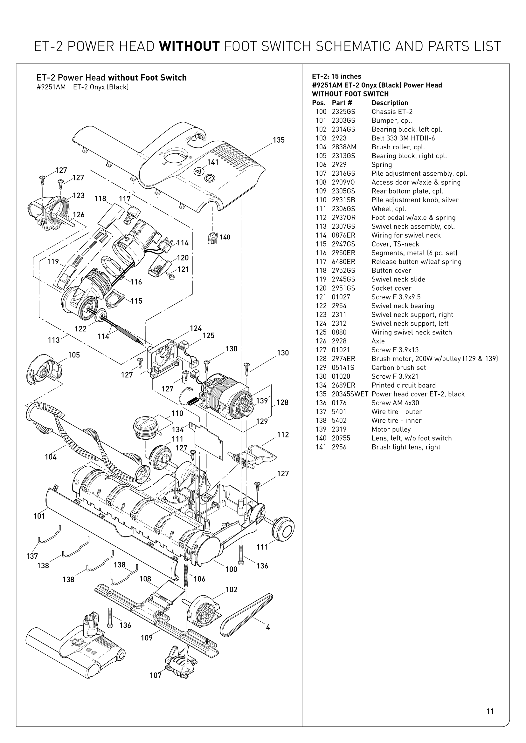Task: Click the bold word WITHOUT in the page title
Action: click(x=189, y=47)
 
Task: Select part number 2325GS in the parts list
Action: click(x=343, y=111)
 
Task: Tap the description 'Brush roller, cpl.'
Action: click(x=398, y=147)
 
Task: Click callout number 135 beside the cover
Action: click(x=279, y=140)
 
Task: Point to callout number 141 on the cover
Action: click(x=213, y=162)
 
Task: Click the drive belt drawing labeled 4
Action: click(x=246, y=615)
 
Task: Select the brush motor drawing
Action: click(x=227, y=396)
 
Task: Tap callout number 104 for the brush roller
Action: click(x=51, y=457)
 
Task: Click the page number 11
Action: click(x=490, y=711)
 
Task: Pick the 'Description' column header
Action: click(x=390, y=103)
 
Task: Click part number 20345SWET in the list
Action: click(x=350, y=394)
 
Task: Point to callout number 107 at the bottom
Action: click(x=156, y=675)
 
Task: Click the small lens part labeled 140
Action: click(x=212, y=238)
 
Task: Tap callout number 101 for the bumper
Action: click(x=39, y=516)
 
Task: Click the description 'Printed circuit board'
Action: click(x=403, y=385)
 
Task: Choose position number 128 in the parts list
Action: click(x=321, y=359)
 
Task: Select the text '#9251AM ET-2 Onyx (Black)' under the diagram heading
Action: click(x=83, y=87)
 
